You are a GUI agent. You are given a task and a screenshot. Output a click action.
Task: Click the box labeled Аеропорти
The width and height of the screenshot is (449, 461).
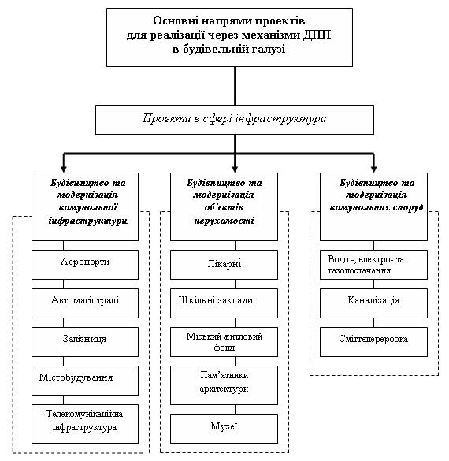pyautogui.click(x=85, y=265)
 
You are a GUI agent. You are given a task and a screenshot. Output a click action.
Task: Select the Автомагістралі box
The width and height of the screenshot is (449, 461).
pyautogui.click(x=85, y=303)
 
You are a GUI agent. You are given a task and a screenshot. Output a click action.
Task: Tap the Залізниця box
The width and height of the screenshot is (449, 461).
pyautogui.click(x=85, y=342)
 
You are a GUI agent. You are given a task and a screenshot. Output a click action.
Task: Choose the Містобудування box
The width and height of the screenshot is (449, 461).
pyautogui.click(x=85, y=381)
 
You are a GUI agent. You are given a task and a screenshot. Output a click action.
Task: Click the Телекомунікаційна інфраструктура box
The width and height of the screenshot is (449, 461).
pyautogui.click(x=85, y=424)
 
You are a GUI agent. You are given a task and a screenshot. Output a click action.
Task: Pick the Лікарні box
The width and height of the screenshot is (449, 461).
pyautogui.click(x=224, y=265)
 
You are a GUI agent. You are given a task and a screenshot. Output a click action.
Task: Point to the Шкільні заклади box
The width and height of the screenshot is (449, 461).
pyautogui.click(x=224, y=303)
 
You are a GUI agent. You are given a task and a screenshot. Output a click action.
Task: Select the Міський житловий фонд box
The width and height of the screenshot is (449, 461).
pyautogui.click(x=224, y=342)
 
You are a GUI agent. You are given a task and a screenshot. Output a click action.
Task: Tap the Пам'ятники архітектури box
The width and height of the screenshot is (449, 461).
pyautogui.click(x=224, y=385)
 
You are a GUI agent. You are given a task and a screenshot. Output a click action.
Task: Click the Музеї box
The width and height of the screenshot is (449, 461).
pyautogui.click(x=224, y=429)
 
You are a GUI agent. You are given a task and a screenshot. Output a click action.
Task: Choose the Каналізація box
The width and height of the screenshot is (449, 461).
pyautogui.click(x=373, y=303)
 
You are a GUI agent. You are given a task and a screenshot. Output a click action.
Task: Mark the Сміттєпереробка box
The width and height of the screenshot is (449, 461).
pyautogui.click(x=373, y=342)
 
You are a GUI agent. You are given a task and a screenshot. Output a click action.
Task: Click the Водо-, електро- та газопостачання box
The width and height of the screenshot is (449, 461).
pyautogui.click(x=373, y=265)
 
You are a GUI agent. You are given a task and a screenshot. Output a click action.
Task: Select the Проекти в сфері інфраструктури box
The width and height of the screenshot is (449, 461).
pyautogui.click(x=235, y=120)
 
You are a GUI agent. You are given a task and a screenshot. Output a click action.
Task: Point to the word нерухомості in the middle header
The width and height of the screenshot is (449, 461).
pyautogui.click(x=224, y=221)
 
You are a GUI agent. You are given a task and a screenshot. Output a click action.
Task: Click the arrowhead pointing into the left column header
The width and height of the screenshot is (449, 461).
pyautogui.click(x=64, y=169)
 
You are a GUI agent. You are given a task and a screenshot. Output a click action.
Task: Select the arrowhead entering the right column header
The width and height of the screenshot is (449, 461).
pyautogui.click(x=374, y=169)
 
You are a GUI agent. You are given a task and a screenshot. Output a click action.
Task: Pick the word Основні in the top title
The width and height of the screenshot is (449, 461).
pyautogui.click(x=175, y=20)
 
